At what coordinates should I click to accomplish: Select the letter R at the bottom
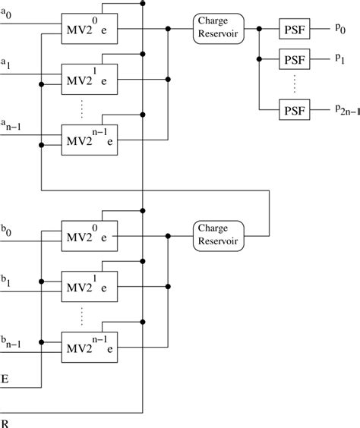[5, 420]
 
